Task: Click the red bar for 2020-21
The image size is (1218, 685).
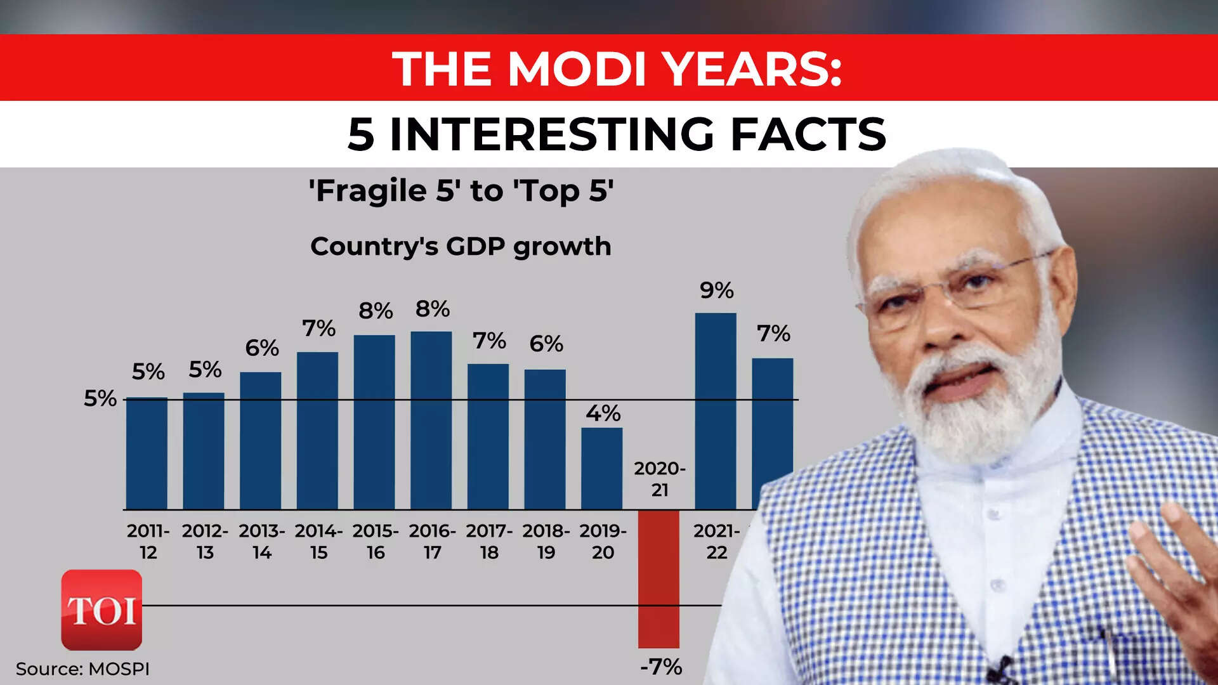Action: (x=658, y=578)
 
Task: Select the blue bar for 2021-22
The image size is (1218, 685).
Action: (x=716, y=411)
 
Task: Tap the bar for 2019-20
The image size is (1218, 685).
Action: (x=602, y=468)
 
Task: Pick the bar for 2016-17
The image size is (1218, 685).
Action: (x=431, y=420)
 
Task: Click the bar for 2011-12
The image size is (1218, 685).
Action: (x=147, y=453)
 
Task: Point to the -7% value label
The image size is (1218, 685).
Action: (x=661, y=667)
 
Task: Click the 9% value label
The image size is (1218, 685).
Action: (x=717, y=290)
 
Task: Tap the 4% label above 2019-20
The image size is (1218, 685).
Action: (x=603, y=414)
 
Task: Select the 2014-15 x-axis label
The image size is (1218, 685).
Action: (x=318, y=541)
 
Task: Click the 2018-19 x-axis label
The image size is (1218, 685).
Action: (x=546, y=541)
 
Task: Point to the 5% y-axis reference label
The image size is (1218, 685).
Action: (x=100, y=398)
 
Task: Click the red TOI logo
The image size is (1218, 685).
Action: (x=101, y=610)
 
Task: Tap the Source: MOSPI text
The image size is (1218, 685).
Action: (x=82, y=669)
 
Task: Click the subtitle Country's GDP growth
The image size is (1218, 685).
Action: (x=461, y=246)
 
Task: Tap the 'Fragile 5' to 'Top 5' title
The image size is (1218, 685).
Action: (x=461, y=190)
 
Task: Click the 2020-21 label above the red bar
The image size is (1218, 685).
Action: (x=660, y=479)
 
